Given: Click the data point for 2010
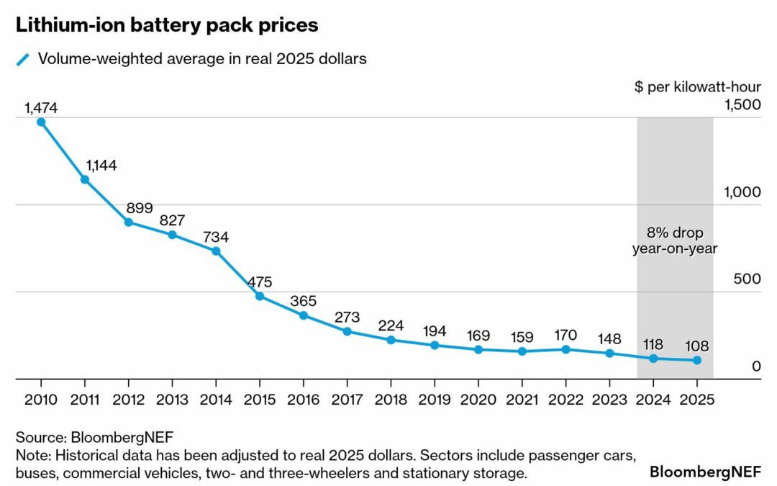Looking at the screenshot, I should (x=41, y=122).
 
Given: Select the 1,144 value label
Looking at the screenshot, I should (x=101, y=165).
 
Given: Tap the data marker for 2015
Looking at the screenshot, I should (x=260, y=296).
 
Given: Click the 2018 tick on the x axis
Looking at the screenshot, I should (x=391, y=400).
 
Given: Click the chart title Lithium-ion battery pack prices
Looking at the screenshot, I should (x=167, y=26).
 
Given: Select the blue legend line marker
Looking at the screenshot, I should (x=23, y=60).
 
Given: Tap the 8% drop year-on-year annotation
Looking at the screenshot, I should (x=675, y=241).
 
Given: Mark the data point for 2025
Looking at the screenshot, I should (x=696, y=360).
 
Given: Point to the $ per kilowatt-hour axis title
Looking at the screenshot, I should (x=697, y=87).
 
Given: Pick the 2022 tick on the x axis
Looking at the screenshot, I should (x=565, y=400).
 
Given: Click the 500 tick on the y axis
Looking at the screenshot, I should (x=746, y=279).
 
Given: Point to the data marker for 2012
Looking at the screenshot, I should (x=129, y=222).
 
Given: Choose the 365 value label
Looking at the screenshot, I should (x=303, y=300).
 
